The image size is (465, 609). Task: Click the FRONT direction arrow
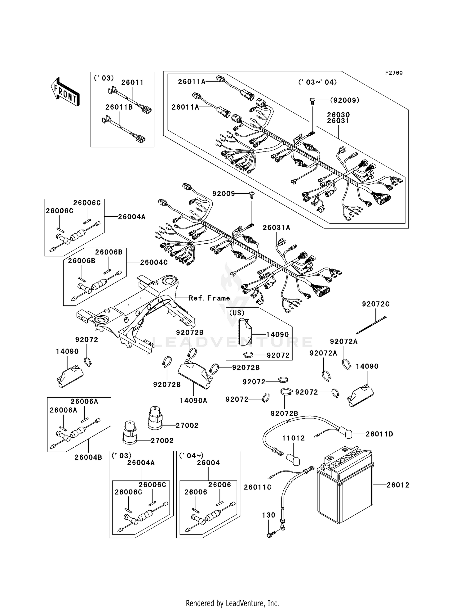[x=65, y=92]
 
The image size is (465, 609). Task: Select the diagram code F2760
[x=394, y=73]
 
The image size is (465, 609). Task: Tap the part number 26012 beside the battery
[x=398, y=485]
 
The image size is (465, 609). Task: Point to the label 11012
[x=293, y=438]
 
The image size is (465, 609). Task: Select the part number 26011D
[x=379, y=434]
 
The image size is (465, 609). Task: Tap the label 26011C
[x=257, y=487]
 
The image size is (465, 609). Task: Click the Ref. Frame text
[x=209, y=298]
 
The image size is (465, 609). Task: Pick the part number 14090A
[x=193, y=400]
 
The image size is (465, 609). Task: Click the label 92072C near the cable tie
[x=376, y=304]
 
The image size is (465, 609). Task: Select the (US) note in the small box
[x=237, y=313]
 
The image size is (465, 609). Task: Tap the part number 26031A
[x=276, y=228]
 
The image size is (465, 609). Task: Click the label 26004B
[x=88, y=457]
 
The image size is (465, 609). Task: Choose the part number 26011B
[x=119, y=107]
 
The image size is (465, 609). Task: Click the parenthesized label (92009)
[x=344, y=100]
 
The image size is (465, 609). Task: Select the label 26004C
[x=154, y=262]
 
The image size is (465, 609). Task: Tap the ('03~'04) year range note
[x=317, y=82]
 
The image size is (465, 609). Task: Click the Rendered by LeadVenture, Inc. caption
[x=232, y=603]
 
